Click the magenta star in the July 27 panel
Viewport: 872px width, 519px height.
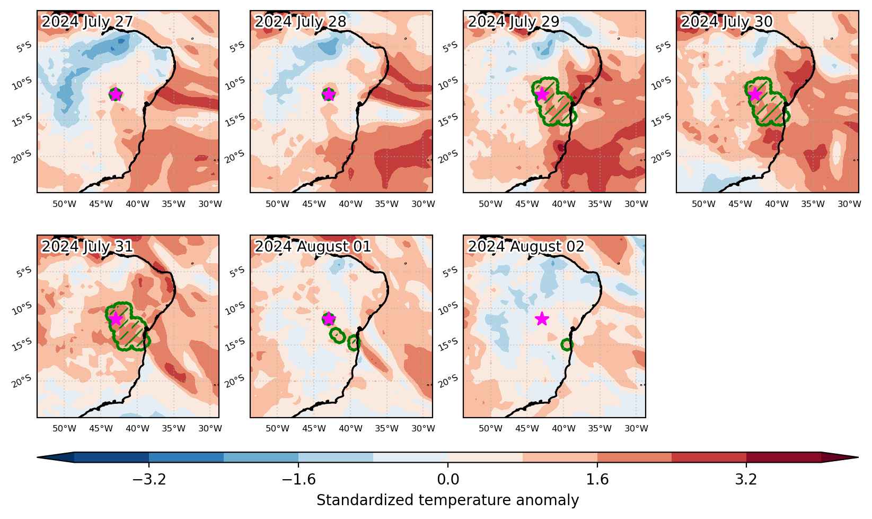[x=116, y=94]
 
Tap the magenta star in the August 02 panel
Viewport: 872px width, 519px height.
[x=542, y=319]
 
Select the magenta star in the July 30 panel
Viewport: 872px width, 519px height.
[x=755, y=94]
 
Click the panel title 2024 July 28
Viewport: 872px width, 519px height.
[x=300, y=22]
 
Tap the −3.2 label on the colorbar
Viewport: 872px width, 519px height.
[x=149, y=479]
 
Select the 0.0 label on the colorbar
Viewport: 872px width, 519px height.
[x=448, y=479]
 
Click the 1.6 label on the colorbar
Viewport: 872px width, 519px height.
[x=597, y=479]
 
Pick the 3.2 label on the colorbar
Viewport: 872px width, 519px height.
[x=746, y=479]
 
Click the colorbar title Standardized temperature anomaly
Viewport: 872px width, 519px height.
[x=448, y=500]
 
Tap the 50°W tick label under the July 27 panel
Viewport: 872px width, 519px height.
[x=64, y=204]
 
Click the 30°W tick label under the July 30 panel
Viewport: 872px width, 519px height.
[x=849, y=204]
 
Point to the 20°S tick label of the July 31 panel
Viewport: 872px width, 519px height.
[x=22, y=381]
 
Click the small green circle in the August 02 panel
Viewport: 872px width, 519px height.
[x=567, y=344]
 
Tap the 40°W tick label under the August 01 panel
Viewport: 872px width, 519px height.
[x=350, y=428]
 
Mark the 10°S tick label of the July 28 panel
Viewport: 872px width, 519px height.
[x=235, y=83]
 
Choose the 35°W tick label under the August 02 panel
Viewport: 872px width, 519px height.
[x=600, y=428]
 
